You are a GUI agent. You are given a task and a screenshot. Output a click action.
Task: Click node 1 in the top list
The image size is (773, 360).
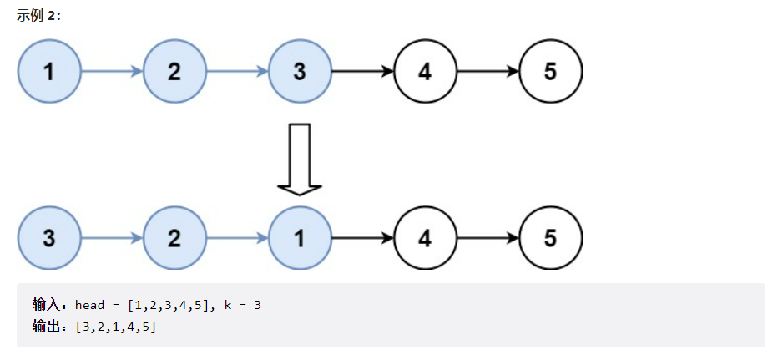[49, 72]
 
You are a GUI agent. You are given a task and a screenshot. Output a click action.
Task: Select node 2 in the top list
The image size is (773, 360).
[174, 72]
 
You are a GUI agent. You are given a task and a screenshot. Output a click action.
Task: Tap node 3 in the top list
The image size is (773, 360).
[300, 72]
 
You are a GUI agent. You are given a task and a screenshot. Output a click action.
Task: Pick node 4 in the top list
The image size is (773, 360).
[425, 72]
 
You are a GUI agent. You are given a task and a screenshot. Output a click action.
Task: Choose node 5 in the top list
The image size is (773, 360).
[550, 72]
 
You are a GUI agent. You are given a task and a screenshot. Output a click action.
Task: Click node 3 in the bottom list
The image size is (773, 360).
[49, 238]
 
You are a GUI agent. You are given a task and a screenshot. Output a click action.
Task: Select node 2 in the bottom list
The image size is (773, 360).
[174, 238]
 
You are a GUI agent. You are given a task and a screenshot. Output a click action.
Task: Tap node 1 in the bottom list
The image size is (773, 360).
[300, 238]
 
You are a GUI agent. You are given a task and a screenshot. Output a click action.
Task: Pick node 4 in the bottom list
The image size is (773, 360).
[425, 238]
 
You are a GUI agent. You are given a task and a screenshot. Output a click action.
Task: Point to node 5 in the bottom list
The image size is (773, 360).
[550, 238]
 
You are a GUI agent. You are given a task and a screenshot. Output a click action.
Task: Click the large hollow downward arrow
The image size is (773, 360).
[300, 159]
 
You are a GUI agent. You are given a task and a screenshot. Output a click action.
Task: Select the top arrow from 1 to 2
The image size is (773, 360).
[112, 72]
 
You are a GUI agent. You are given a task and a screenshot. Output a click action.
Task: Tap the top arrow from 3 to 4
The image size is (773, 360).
[362, 72]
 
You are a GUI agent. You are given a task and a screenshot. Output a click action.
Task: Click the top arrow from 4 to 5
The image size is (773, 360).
[488, 72]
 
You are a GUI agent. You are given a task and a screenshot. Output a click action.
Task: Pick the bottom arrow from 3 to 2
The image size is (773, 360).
[112, 238]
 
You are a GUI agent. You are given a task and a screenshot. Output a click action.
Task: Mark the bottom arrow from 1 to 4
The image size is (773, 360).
[362, 238]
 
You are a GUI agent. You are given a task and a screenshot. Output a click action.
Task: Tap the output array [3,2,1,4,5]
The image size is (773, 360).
[115, 327]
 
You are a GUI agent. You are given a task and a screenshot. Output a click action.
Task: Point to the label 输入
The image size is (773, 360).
[50, 305]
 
